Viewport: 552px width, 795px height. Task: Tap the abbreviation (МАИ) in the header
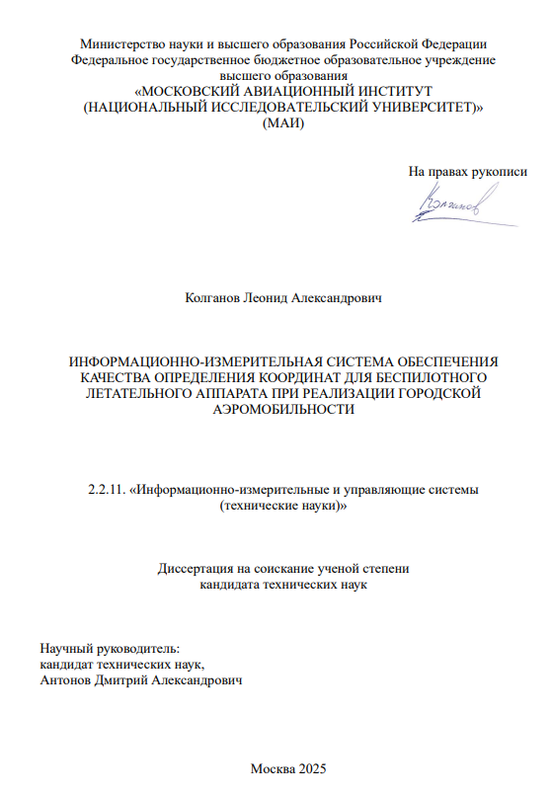[282, 124]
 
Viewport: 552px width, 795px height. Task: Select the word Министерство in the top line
[120, 44]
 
